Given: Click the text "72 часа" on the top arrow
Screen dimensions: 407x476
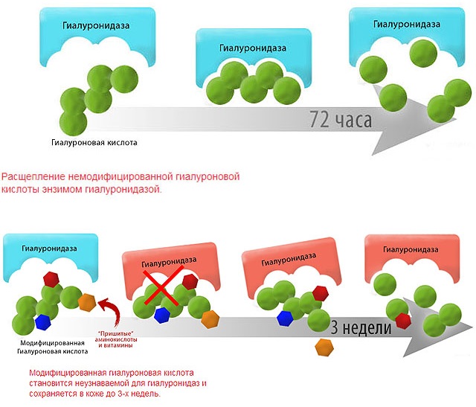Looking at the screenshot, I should pyautogui.click(x=341, y=118).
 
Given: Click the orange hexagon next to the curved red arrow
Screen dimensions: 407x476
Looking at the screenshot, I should pyautogui.click(x=87, y=303).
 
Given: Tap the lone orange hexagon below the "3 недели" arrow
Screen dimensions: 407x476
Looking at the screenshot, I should pyautogui.click(x=324, y=347).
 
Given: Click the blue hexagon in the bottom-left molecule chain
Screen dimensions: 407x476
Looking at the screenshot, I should pyautogui.click(x=42, y=322).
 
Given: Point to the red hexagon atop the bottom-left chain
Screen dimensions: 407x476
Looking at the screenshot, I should pyautogui.click(x=51, y=280).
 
